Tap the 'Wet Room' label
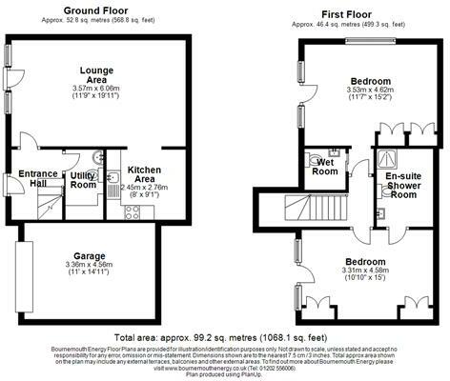pos(325,168)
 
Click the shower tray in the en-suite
pos(389,158)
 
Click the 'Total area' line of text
pos(225,337)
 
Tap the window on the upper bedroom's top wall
pos(370,40)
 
